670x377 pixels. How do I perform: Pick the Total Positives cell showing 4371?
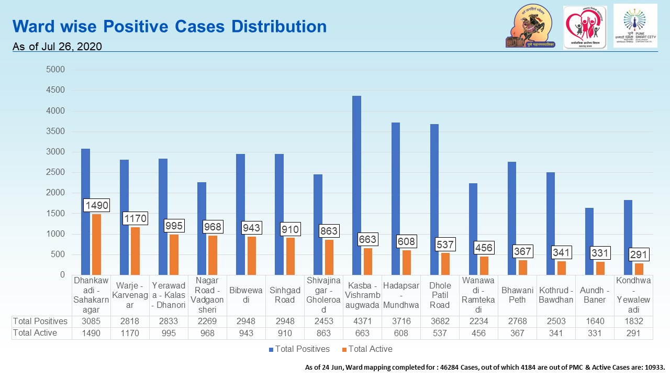[362, 321]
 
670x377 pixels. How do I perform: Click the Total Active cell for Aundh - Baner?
[595, 333]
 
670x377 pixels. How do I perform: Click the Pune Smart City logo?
[635, 26]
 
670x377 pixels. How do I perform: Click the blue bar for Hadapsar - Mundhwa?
[395, 199]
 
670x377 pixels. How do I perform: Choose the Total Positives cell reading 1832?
[633, 321]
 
